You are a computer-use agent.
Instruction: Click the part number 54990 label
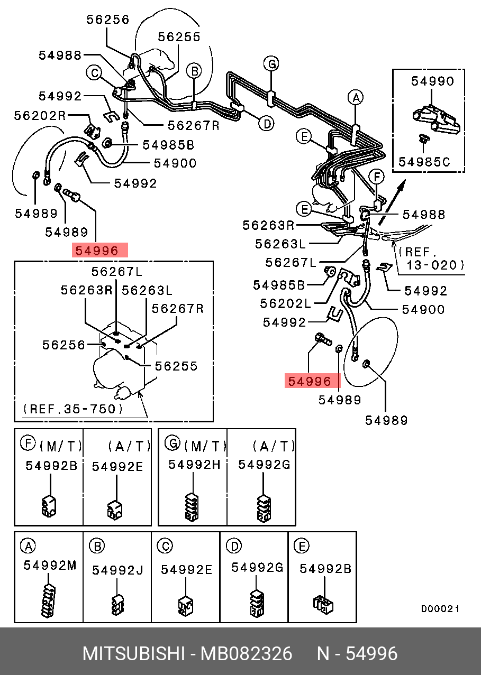[x=433, y=81]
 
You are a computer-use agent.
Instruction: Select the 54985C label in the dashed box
[x=424, y=162]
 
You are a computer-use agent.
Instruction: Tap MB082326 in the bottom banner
[x=246, y=654]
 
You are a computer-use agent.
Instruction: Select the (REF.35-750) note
[x=74, y=409]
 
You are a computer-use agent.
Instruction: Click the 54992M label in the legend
[x=50, y=565]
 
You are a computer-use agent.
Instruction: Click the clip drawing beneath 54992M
[x=49, y=601]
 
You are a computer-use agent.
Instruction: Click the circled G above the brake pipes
[x=271, y=64]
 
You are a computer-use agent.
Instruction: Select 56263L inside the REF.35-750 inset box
[x=147, y=290]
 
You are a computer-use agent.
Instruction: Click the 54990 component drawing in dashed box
[x=436, y=119]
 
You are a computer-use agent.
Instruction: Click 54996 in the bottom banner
[x=371, y=654]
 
